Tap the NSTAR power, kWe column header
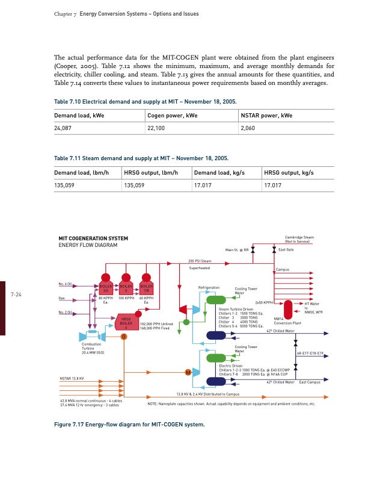(x=266, y=115)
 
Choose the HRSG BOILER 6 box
(x=127, y=322)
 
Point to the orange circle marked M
(x=189, y=372)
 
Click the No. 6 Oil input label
(x=66, y=284)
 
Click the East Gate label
(x=286, y=249)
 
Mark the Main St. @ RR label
(x=237, y=249)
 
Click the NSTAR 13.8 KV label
(x=72, y=378)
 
